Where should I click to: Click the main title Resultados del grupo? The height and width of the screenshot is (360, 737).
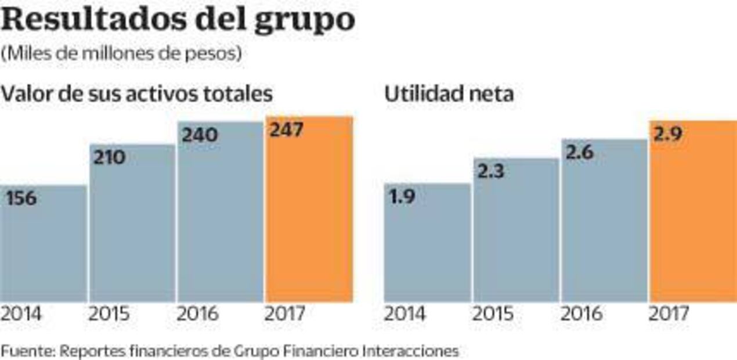tap(178, 20)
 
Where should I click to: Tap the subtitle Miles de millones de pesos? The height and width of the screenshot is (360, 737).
tap(121, 53)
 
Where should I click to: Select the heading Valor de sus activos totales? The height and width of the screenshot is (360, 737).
tap(137, 94)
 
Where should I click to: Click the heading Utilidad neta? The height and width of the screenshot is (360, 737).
tap(449, 94)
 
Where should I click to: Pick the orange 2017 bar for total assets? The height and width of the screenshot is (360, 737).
tap(309, 221)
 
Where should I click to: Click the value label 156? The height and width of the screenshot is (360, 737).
tap(21, 199)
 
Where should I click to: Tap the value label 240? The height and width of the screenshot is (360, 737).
tap(200, 135)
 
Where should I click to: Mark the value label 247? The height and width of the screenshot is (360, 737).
tap(286, 130)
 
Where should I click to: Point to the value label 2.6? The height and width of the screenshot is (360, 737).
tap(579, 154)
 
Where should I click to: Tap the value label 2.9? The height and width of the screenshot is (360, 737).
tap(667, 135)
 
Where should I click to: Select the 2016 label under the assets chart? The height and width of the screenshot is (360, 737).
tap(198, 315)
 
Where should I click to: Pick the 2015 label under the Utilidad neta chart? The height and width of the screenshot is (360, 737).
tap(493, 315)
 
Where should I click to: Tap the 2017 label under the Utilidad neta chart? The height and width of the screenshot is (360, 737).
tap(669, 315)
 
